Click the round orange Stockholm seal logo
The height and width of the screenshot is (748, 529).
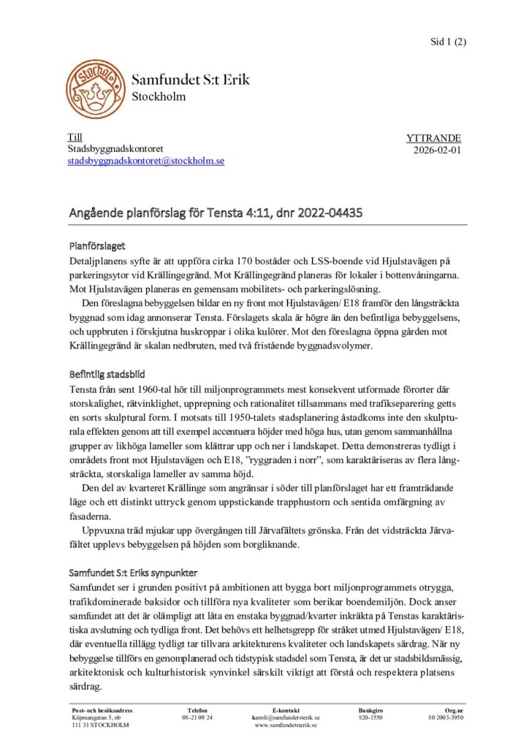click(95, 88)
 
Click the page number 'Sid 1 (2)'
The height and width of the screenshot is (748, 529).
click(448, 42)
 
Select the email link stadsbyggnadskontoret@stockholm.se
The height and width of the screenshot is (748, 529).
click(146, 161)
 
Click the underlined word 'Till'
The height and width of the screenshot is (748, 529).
click(75, 137)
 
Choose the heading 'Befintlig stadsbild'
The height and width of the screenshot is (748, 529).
click(107, 373)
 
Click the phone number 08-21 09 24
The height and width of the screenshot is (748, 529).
click(197, 718)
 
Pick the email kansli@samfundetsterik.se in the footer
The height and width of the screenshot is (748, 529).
click(286, 718)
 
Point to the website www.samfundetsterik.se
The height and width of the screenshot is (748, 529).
click(286, 725)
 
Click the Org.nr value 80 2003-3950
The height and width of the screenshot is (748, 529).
click(446, 718)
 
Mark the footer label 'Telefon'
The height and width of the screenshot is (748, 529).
click(197, 710)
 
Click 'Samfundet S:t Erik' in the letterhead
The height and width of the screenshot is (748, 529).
click(191, 80)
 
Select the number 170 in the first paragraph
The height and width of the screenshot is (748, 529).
click(257, 261)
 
